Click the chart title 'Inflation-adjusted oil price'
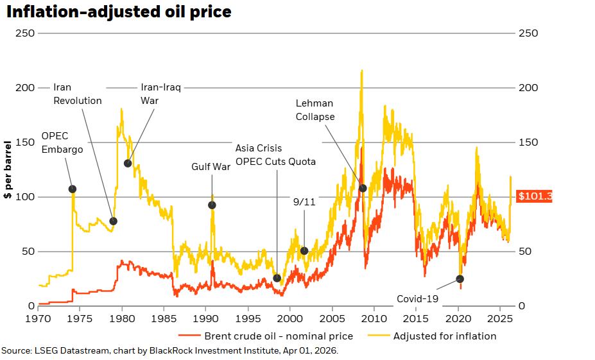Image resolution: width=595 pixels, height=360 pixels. [x=119, y=12]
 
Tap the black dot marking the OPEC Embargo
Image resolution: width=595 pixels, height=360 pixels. [x=73, y=189]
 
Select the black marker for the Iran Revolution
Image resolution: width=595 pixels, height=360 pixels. [x=114, y=221]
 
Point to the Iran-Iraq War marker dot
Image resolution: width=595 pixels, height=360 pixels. [x=128, y=164]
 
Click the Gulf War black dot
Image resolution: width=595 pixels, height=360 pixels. [x=212, y=205]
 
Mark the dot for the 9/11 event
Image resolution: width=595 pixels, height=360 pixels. [x=304, y=251]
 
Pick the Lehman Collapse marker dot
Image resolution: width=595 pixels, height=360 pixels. [x=363, y=188]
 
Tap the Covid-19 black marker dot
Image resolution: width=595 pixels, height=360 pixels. [x=460, y=279]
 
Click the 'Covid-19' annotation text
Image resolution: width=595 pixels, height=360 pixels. [x=417, y=298]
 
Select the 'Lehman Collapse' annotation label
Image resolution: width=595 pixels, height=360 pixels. [x=315, y=110]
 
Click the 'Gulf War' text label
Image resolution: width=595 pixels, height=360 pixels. [x=211, y=167]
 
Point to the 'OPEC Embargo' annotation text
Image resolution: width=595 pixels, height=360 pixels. [x=62, y=142]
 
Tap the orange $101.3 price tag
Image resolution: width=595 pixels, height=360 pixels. [x=534, y=196]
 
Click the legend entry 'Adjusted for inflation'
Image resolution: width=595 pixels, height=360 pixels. [x=444, y=336]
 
